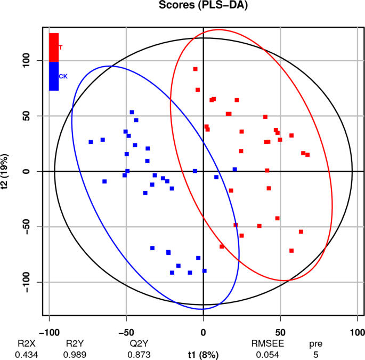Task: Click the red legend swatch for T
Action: (54, 47)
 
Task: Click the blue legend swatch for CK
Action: (54, 76)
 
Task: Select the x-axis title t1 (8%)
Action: (203, 354)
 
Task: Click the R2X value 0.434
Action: (24, 355)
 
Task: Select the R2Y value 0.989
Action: (75, 355)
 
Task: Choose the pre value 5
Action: (315, 355)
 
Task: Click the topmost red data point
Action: (196, 69)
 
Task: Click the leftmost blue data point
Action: (91, 142)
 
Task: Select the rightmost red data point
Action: (307, 155)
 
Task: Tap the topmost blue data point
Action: (132, 112)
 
